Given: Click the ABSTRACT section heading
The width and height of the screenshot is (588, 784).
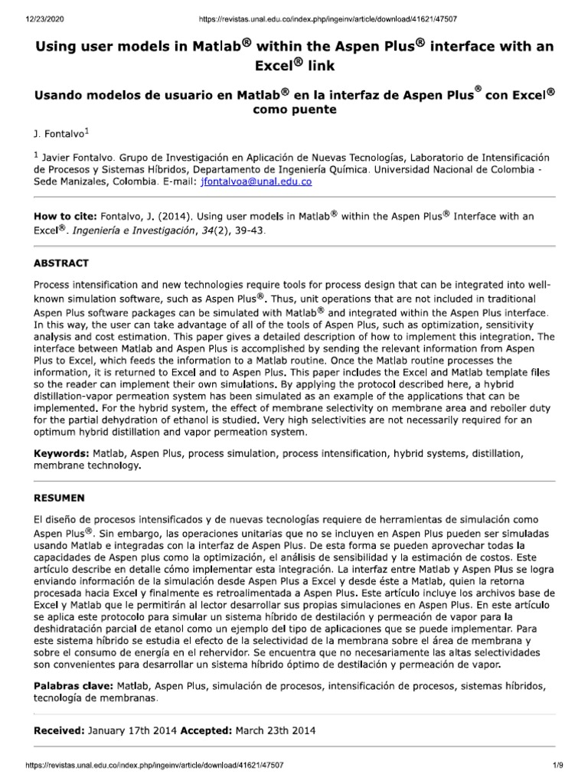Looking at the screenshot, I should coord(61,263).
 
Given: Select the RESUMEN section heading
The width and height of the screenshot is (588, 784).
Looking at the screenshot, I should coord(60,475).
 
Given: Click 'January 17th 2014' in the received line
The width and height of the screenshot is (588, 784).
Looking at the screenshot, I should coord(133,730).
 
